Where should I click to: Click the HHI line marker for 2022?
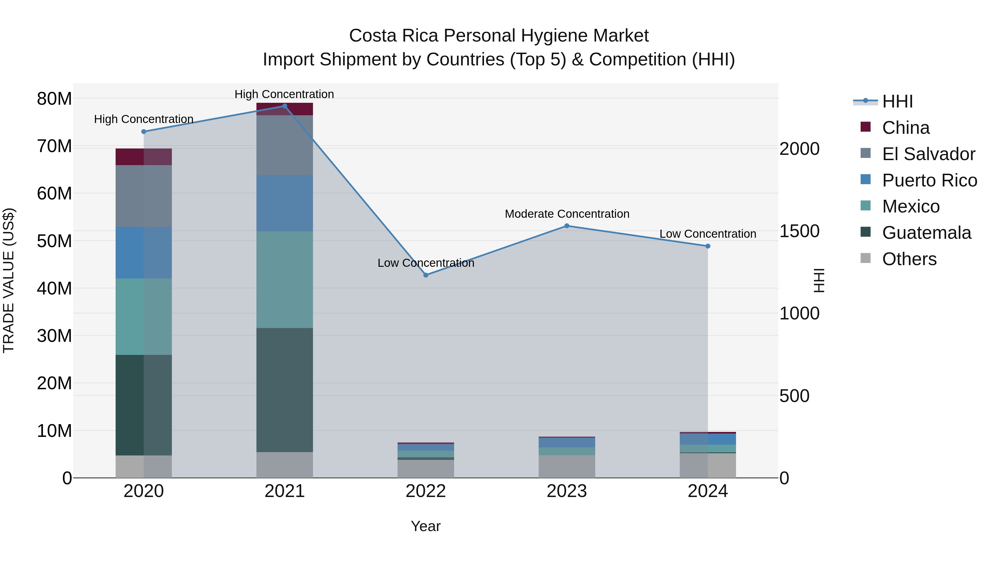pyautogui.click(x=426, y=275)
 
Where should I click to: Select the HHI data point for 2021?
pyautogui.click(x=284, y=106)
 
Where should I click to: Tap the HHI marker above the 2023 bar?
pyautogui.click(x=567, y=226)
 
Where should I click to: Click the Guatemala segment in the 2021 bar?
pyautogui.click(x=284, y=390)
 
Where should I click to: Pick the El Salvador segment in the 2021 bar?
pyautogui.click(x=284, y=145)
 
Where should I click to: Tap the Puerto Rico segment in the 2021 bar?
pyautogui.click(x=284, y=203)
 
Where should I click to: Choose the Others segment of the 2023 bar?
pyautogui.click(x=567, y=466)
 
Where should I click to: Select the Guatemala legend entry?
pyautogui.click(x=926, y=233)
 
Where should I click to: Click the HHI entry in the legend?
pyautogui.click(x=897, y=101)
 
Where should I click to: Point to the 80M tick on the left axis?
pyautogui.click(x=54, y=99)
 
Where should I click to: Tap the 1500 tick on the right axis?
pyautogui.click(x=799, y=231)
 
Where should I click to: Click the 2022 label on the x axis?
pyautogui.click(x=426, y=491)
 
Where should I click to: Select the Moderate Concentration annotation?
pyautogui.click(x=567, y=214)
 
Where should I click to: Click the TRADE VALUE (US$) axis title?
pyautogui.click(x=9, y=280)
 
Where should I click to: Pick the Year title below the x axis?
pyautogui.click(x=426, y=526)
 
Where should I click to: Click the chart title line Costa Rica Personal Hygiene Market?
pyautogui.click(x=499, y=36)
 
